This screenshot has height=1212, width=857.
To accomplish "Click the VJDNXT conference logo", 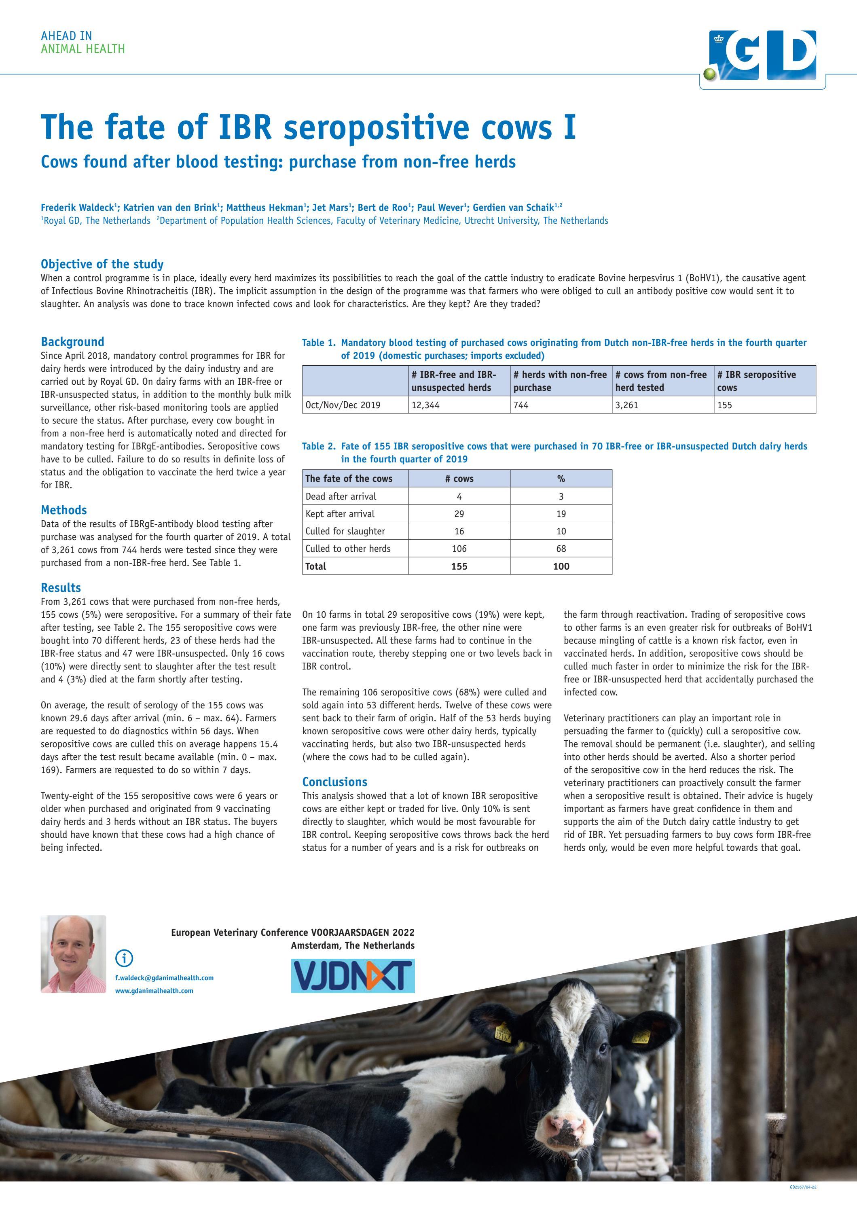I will [353, 975].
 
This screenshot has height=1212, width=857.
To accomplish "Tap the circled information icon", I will [124, 958].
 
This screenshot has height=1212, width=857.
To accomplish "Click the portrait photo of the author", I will [73, 954].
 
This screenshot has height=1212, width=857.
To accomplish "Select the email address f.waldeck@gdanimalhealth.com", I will [164, 978].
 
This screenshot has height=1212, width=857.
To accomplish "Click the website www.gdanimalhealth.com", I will [154, 990].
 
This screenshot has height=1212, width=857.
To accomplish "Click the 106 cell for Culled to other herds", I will [459, 549].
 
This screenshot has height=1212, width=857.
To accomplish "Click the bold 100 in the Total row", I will [561, 566].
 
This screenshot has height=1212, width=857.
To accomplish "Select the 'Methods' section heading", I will [64, 510].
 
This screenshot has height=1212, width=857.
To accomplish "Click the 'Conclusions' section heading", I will [334, 782].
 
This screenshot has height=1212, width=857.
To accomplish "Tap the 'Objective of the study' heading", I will [102, 264].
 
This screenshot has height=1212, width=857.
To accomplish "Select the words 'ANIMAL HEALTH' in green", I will [83, 49].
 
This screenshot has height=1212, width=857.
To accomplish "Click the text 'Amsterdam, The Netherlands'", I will [353, 945].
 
